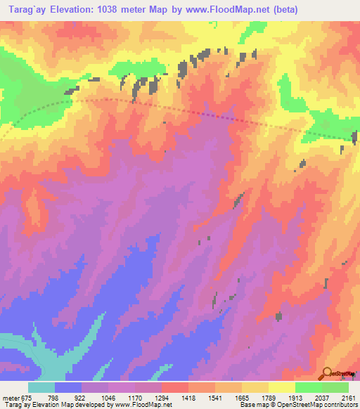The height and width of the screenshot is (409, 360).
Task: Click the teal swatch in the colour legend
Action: (41, 387)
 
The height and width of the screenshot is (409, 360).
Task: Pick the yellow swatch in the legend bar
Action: (281, 387)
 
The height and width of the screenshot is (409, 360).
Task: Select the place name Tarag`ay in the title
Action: (22, 10)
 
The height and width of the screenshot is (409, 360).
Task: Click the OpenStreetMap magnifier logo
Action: (328, 372)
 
